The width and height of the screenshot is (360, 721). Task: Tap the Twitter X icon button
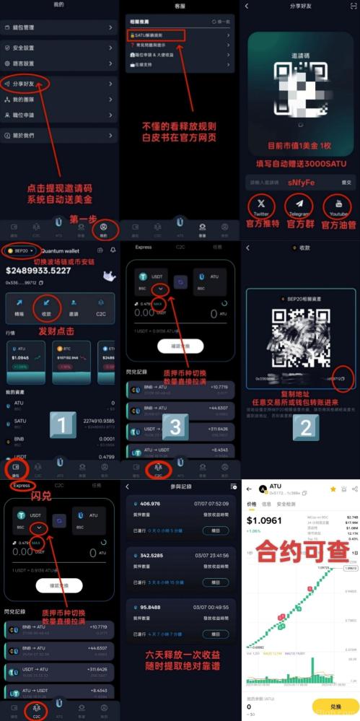pyautogui.click(x=261, y=206)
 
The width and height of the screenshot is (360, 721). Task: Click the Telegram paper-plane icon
pyautogui.click(x=299, y=206)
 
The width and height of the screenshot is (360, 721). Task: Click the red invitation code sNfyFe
pyautogui.click(x=301, y=183)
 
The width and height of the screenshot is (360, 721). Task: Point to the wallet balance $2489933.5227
pyautogui.click(x=38, y=271)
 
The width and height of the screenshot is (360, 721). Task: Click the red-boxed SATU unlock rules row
pyautogui.click(x=156, y=35)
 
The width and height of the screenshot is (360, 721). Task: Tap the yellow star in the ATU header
pyautogui.click(x=333, y=489)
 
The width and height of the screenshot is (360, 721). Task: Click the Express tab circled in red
pyautogui.click(x=22, y=486)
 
